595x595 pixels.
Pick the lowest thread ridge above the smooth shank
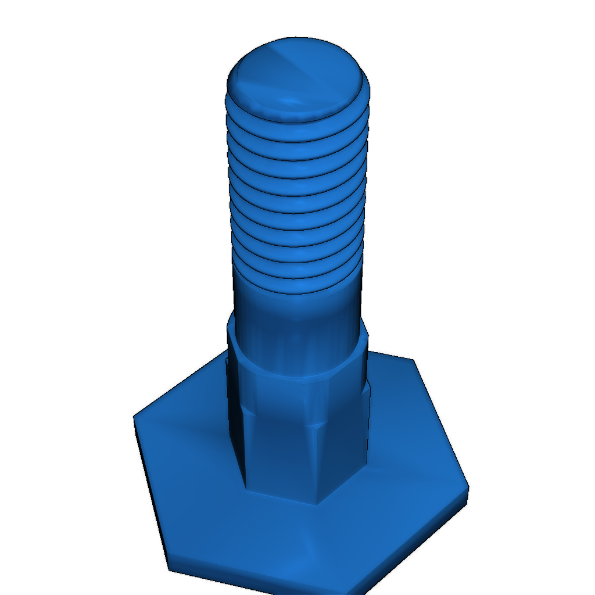click(297, 285)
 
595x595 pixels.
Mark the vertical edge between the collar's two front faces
click(317, 465)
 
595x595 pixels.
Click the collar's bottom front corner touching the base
click(317, 503)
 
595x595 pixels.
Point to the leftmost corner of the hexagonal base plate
click(135, 416)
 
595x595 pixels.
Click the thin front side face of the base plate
click(261, 581)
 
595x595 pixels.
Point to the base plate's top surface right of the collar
click(407, 442)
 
